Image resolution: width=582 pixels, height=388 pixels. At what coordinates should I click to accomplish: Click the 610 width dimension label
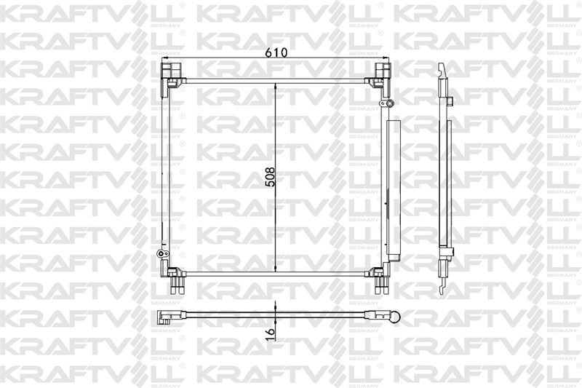click(x=276, y=52)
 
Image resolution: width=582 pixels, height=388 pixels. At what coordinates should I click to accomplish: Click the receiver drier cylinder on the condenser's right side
click(x=393, y=187)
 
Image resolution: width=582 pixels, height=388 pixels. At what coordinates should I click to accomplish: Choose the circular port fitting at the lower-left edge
click(x=162, y=254)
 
